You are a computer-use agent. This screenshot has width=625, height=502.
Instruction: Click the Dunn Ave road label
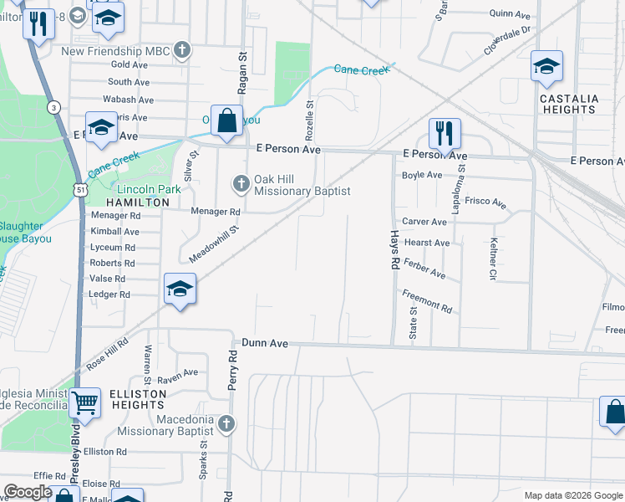coord(265,343)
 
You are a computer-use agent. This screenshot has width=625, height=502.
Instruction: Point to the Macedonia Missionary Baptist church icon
coord(225,424)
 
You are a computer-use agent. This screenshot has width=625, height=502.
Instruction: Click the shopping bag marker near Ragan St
coord(226,120)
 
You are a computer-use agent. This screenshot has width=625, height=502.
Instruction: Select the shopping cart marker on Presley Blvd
coord(85,403)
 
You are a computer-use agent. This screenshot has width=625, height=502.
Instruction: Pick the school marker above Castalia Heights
coord(546,66)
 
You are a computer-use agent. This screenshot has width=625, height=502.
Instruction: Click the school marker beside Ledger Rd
coord(179,289)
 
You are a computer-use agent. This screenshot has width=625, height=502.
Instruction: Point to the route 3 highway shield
coord(53,107)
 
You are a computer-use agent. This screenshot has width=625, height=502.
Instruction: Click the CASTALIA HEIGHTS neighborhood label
coord(569,104)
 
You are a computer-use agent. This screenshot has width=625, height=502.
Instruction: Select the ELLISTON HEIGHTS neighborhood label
coord(138,399)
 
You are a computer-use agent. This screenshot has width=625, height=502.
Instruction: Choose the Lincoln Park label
coord(149,190)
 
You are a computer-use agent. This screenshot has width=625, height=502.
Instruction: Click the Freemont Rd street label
coord(426,302)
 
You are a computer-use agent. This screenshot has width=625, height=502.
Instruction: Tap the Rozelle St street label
coord(309,120)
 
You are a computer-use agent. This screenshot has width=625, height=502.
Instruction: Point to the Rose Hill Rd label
coord(107,353)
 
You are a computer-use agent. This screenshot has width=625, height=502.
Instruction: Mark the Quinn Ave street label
coord(511,14)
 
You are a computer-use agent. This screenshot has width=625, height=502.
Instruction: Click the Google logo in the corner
coord(28,492)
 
